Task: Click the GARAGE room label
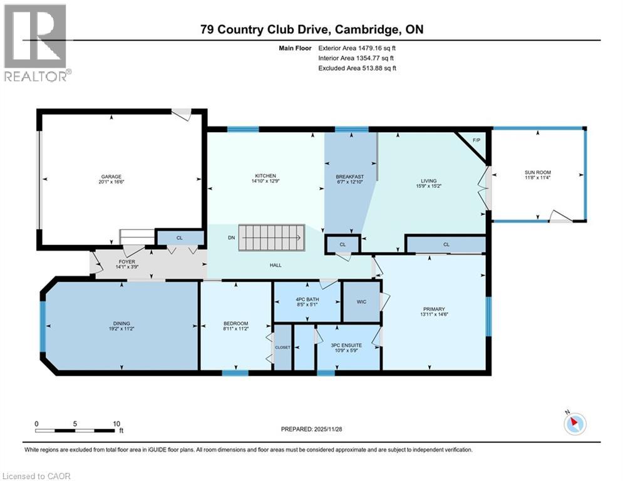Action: point(111,177)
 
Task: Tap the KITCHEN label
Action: point(265,176)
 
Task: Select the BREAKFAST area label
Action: point(349,177)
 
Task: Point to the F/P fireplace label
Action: point(476,140)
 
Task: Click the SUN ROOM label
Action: point(538,172)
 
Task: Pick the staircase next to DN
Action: point(271,238)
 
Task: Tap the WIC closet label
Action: point(361,302)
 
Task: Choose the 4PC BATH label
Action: point(307,299)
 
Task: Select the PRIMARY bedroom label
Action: point(434,309)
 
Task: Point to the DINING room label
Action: point(121,324)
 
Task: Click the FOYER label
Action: point(126,262)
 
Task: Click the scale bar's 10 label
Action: point(116,424)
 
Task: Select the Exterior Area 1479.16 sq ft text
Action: point(357,48)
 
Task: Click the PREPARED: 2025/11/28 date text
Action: point(312,429)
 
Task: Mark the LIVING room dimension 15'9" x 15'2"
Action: point(429,185)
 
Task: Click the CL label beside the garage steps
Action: point(180,238)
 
